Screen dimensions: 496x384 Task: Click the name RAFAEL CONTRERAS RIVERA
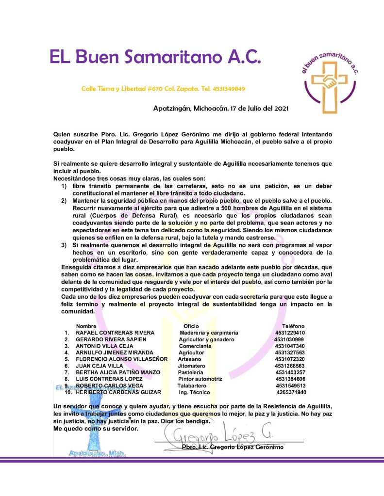click(x=115, y=333)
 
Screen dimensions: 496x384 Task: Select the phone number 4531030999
click(x=290, y=339)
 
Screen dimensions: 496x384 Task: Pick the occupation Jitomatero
click(x=192, y=366)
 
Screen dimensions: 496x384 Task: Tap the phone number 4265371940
click(x=291, y=392)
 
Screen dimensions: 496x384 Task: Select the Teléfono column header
click(x=293, y=326)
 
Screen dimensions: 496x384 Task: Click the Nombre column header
click(x=86, y=326)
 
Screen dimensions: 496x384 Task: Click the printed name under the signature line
click(x=232, y=447)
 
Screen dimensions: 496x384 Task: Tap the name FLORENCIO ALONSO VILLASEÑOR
click(x=122, y=359)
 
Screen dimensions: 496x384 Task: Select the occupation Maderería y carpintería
click(x=209, y=333)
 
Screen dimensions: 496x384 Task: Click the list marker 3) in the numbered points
click(x=64, y=245)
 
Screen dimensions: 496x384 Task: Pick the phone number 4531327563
click(x=290, y=352)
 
